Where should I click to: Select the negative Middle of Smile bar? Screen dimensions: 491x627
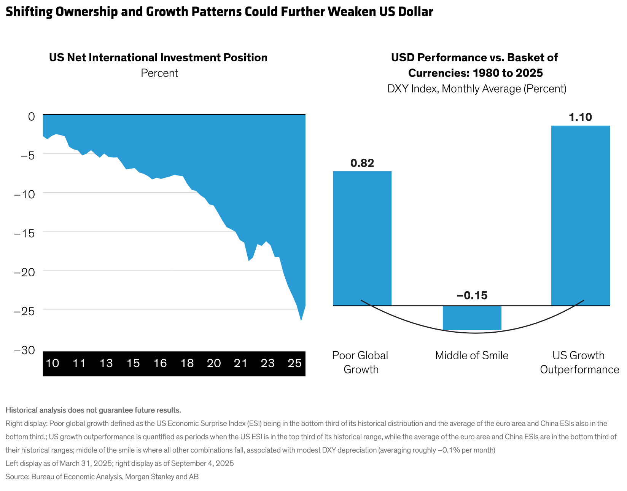pyautogui.click(x=472, y=318)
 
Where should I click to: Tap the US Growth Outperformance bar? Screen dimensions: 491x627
pyautogui.click(x=580, y=215)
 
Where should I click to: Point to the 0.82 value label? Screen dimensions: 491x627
pyautogui.click(x=362, y=163)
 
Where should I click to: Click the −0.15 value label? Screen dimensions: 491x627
pyautogui.click(x=472, y=296)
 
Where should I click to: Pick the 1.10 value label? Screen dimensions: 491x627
pyautogui.click(x=580, y=117)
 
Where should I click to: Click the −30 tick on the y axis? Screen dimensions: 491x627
pyautogui.click(x=25, y=350)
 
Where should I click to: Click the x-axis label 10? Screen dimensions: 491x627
pyautogui.click(x=53, y=363)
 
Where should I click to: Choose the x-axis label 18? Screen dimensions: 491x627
pyautogui.click(x=187, y=363)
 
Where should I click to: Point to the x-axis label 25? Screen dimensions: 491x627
pyautogui.click(x=295, y=363)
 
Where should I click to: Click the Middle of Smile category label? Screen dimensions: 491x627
pyautogui.click(x=472, y=355)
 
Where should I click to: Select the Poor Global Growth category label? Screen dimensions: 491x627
pyautogui.click(x=360, y=362)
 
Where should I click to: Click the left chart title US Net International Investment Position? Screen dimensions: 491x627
pyautogui.click(x=158, y=57)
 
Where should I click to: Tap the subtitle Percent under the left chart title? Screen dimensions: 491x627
pyautogui.click(x=159, y=73)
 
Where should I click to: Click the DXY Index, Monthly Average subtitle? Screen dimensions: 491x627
pyautogui.click(x=477, y=89)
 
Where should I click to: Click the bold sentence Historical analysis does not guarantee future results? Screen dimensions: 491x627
pyautogui.click(x=93, y=410)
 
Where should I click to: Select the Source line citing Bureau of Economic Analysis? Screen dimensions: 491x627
pyautogui.click(x=102, y=477)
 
